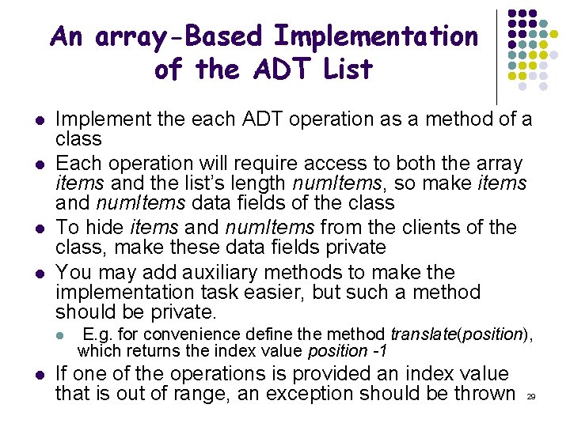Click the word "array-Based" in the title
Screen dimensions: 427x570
tap(178, 36)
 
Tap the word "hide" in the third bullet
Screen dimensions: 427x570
tap(103, 228)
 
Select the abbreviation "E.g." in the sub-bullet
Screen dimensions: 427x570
tap(96, 334)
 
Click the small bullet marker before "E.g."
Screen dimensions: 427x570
tap(59, 335)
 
